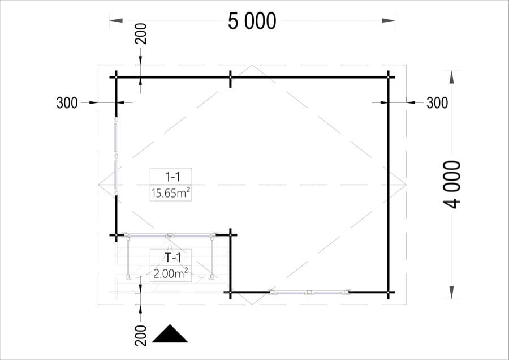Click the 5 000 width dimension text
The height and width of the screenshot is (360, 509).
coord(252,22)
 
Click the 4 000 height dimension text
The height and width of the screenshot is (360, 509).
coord(451,184)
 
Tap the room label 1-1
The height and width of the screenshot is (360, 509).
coord(172,177)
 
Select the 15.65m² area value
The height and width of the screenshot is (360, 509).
coord(170,194)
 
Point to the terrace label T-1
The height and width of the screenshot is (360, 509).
coord(172,258)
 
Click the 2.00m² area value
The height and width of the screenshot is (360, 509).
coord(170,274)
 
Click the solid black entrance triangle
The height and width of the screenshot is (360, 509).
coord(170,334)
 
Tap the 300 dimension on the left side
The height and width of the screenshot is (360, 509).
coord(67,103)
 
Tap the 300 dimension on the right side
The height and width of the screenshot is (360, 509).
coord(437,103)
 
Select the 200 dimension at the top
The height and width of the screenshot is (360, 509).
coord(141,33)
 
